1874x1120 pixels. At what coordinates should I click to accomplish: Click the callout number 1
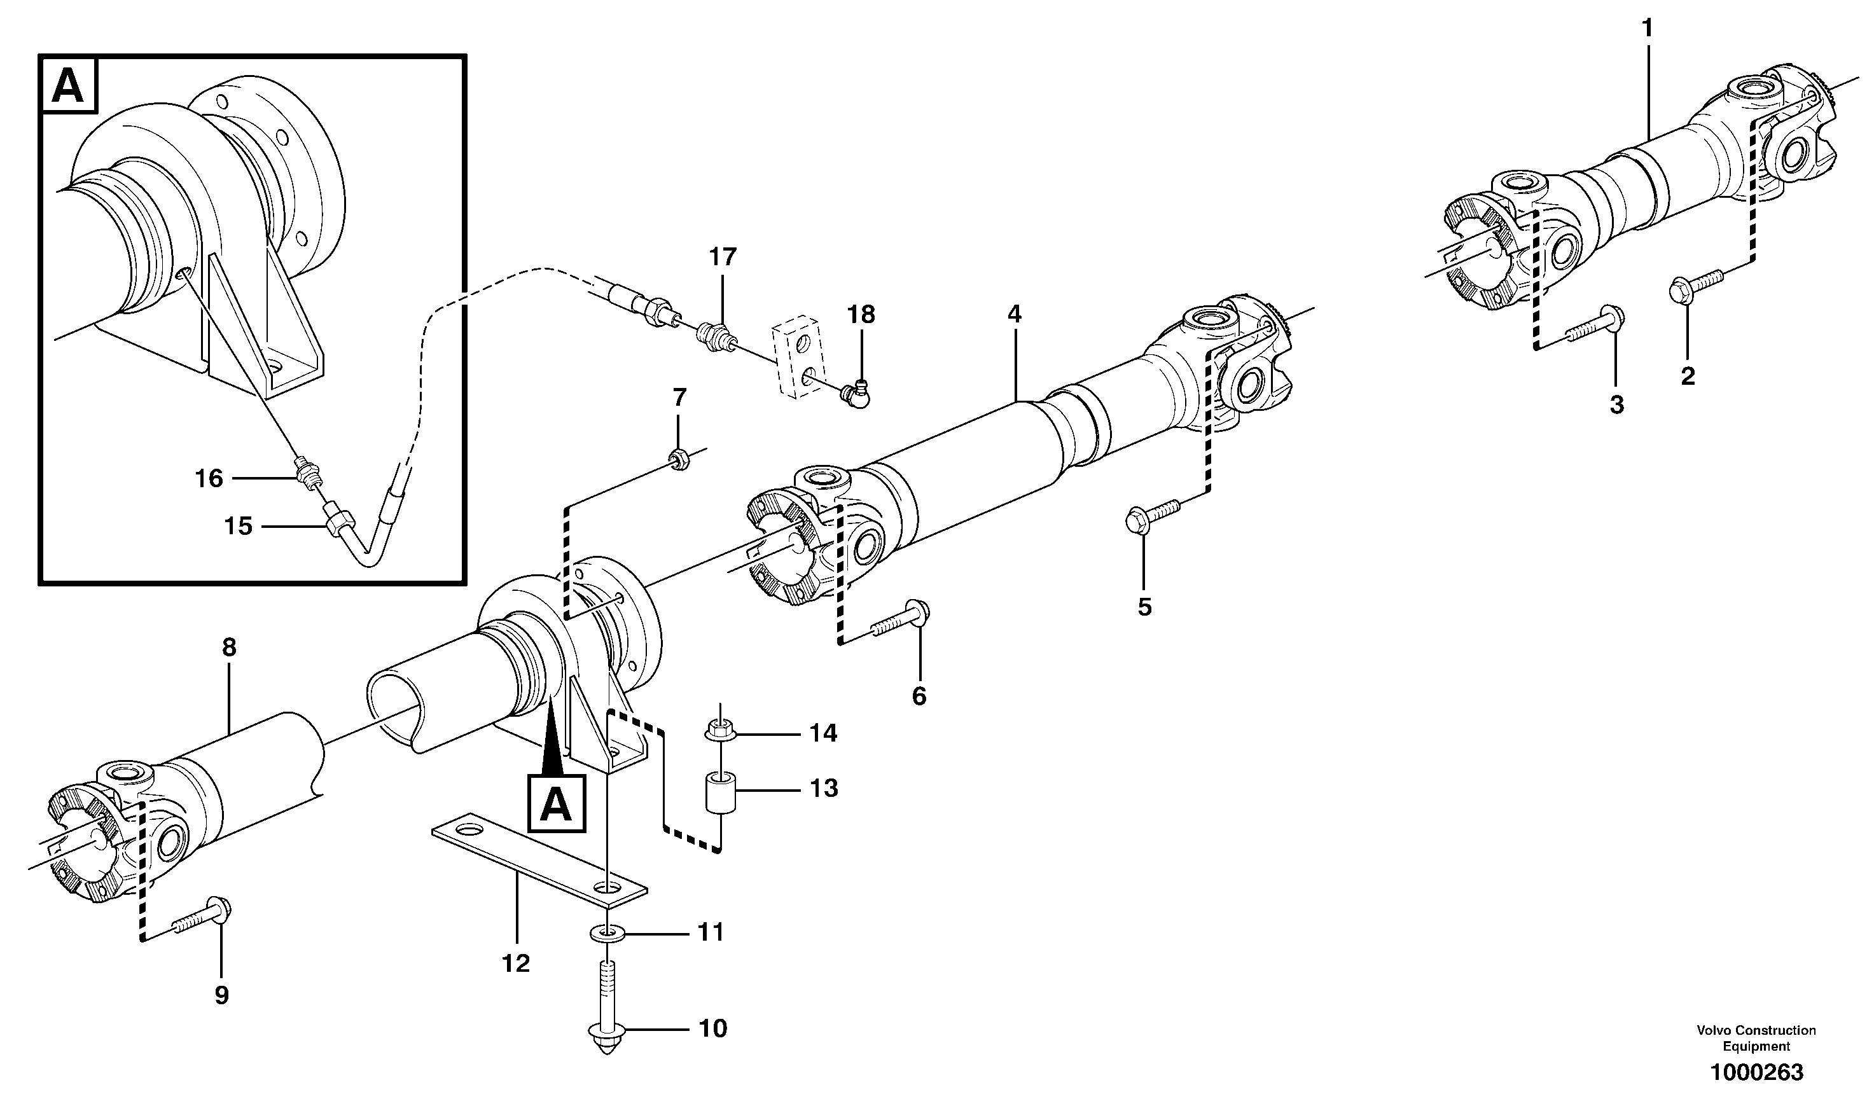(1647, 29)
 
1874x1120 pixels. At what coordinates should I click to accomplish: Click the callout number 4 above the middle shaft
(1015, 314)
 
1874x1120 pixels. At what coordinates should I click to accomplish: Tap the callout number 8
(230, 647)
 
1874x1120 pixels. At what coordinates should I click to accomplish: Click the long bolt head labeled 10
(607, 1032)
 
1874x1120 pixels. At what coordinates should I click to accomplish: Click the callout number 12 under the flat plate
(517, 963)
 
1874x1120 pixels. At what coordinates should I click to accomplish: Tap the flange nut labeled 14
(719, 731)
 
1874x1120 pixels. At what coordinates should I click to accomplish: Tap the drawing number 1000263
(1756, 1072)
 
